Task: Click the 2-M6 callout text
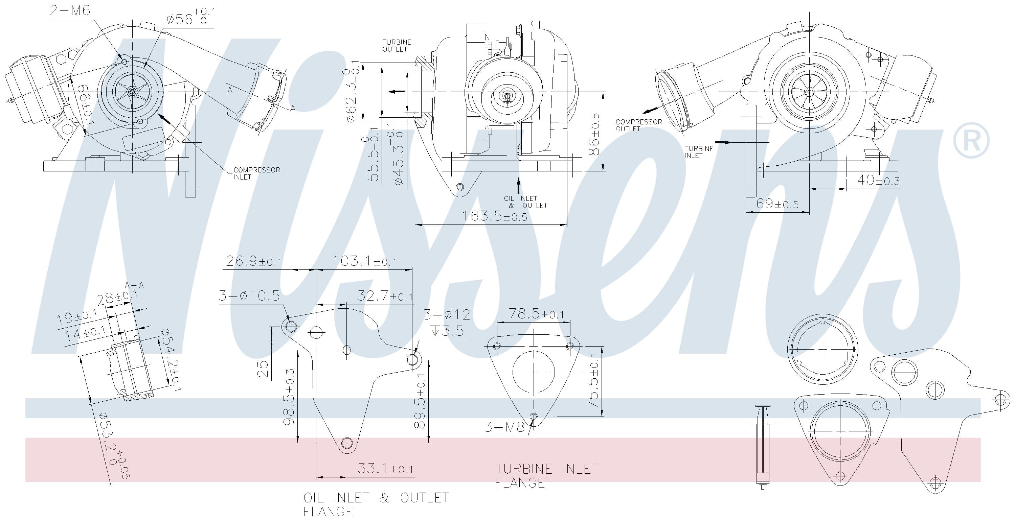(x=70, y=10)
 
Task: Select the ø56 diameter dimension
(x=190, y=17)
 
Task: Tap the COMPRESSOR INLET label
(x=256, y=173)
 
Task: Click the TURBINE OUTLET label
(x=397, y=45)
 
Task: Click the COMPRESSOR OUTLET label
(x=638, y=125)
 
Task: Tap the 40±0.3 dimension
(x=878, y=180)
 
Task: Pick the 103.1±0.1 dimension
(x=364, y=261)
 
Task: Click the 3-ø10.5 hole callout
(x=249, y=296)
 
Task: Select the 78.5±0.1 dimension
(x=536, y=314)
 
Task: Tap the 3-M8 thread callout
(x=504, y=427)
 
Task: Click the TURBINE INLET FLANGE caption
(x=546, y=475)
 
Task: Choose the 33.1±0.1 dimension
(x=385, y=469)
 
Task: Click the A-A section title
(x=134, y=285)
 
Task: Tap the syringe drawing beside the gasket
(x=762, y=447)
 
